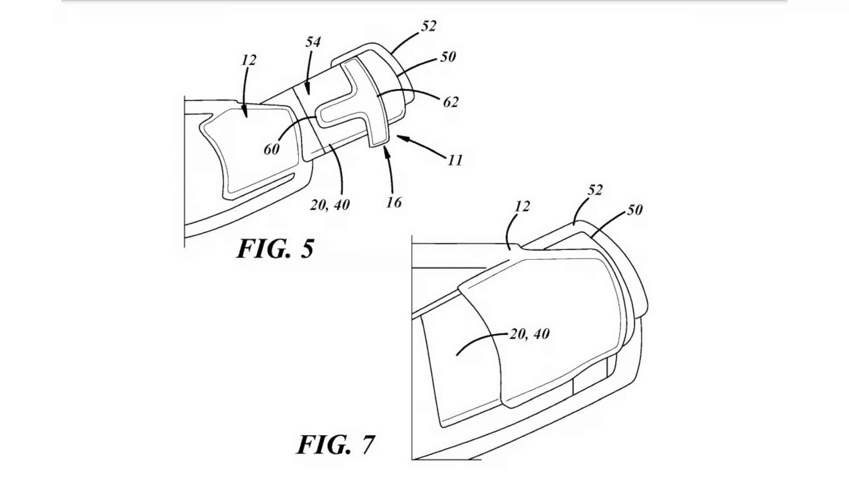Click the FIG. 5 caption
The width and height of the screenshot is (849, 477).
tap(275, 249)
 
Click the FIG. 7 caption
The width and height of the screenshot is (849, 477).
tap(336, 444)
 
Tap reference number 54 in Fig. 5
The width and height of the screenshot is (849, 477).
tap(313, 42)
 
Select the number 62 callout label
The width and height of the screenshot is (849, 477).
tap(451, 102)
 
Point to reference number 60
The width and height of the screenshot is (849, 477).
tap(272, 149)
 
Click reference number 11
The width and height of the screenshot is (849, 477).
tap(455, 160)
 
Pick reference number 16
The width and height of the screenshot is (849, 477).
tap(394, 202)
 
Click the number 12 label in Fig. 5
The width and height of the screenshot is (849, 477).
tap(249, 60)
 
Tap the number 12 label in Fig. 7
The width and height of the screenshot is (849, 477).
tap(522, 206)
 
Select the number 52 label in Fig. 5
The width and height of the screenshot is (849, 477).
tap(428, 26)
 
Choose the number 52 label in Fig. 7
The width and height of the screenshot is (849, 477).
tap(595, 190)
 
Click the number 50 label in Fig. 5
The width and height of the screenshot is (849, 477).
tap(448, 57)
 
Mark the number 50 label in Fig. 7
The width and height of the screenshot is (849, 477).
tap(635, 209)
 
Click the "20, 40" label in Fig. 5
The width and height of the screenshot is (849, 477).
tap(330, 205)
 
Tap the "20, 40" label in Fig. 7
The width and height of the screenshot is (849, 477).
tap(530, 334)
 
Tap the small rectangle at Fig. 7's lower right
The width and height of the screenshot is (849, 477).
tap(590, 380)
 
